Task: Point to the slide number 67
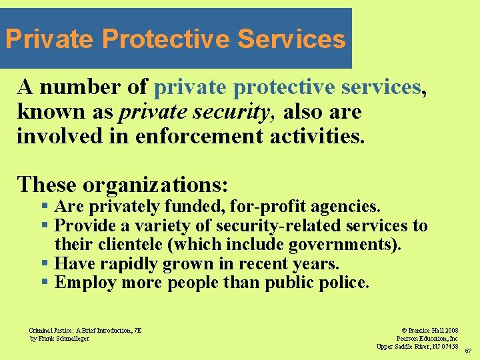click(468, 351)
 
